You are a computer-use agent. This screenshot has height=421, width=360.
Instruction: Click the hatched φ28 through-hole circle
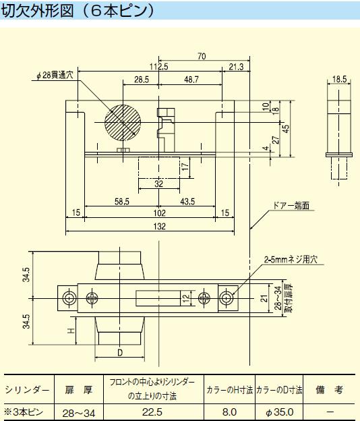coord(123,122)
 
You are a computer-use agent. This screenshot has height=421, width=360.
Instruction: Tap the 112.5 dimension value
coord(159,67)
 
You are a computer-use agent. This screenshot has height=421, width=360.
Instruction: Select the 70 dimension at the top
coord(202,56)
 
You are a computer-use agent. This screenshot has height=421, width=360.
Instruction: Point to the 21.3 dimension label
coord(236,67)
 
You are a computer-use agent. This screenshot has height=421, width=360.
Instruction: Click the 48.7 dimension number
coord(191,80)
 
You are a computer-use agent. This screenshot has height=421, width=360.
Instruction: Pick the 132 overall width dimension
coord(159,226)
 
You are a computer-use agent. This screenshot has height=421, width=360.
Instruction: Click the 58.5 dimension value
coord(122,202)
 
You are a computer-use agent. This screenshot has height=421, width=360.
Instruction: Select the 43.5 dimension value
coord(187,202)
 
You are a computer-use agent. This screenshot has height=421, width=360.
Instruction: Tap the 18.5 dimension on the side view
coord(339,79)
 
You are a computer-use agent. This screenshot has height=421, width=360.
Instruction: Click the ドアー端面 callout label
coord(291,206)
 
